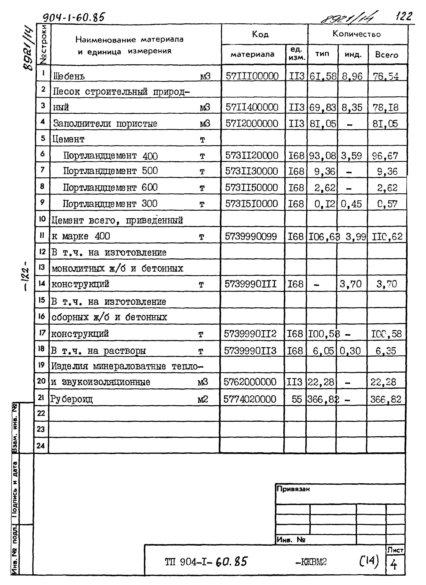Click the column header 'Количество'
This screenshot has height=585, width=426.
(356, 34)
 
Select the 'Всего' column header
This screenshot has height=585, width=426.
(387, 55)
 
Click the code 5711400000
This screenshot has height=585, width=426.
(252, 107)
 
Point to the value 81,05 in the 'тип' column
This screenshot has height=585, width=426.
(323, 124)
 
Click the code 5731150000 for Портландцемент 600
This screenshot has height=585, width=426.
(251, 188)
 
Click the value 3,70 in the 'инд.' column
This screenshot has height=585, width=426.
(350, 284)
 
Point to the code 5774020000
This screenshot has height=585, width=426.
(250, 399)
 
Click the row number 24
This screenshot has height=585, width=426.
(41, 446)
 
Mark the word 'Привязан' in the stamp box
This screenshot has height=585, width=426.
(293, 489)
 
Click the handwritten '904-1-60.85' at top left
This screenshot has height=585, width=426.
(73, 18)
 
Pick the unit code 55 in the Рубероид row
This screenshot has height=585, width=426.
(297, 399)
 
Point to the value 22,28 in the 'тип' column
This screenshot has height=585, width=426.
(321, 382)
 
